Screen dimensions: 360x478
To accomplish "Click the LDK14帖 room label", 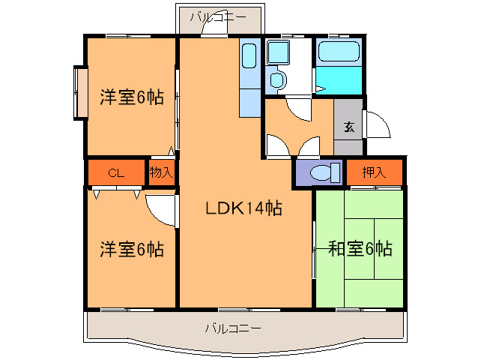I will [244, 209].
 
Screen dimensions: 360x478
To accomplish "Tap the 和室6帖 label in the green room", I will [360, 249].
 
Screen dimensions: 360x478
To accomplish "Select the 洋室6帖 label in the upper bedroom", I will [132, 97].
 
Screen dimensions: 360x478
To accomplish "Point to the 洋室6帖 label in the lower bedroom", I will [132, 248].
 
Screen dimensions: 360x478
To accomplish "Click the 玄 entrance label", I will [349, 127].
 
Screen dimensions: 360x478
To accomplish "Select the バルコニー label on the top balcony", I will [220, 16].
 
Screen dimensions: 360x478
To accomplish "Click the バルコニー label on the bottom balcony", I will [233, 328].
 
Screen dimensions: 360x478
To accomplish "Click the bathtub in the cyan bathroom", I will [339, 52].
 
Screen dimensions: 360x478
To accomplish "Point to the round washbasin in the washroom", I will [276, 80].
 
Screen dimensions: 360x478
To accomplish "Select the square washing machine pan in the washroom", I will [279, 52].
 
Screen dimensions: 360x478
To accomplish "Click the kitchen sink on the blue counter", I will [249, 54].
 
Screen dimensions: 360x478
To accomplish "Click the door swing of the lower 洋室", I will [160, 209].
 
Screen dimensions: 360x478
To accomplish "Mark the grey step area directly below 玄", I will [348, 147].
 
